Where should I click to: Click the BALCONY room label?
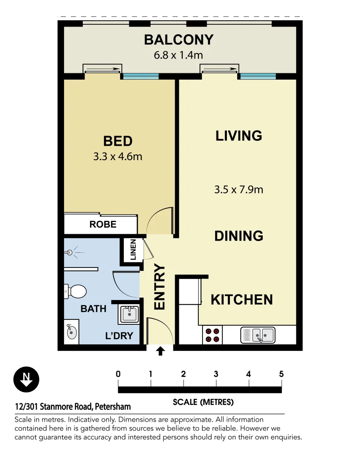[x=179, y=40]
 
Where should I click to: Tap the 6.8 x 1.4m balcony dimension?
[x=179, y=55]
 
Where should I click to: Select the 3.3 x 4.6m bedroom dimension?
[x=117, y=157]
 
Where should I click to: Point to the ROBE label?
[x=103, y=224]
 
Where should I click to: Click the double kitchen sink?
[x=258, y=335]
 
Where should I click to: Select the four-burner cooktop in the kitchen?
[x=212, y=335]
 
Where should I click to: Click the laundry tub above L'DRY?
[x=129, y=314]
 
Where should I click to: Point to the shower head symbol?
[x=71, y=253]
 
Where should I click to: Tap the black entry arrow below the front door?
[x=160, y=351]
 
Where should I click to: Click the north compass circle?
[x=26, y=380]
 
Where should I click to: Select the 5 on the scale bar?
[x=281, y=374]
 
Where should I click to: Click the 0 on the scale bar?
[x=118, y=374]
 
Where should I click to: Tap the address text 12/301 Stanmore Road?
[x=73, y=407]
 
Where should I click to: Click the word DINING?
[x=239, y=236]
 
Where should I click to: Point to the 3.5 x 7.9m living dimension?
[x=238, y=190]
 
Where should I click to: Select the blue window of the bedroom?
[x=140, y=76]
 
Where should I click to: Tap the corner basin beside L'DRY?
[x=72, y=332]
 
